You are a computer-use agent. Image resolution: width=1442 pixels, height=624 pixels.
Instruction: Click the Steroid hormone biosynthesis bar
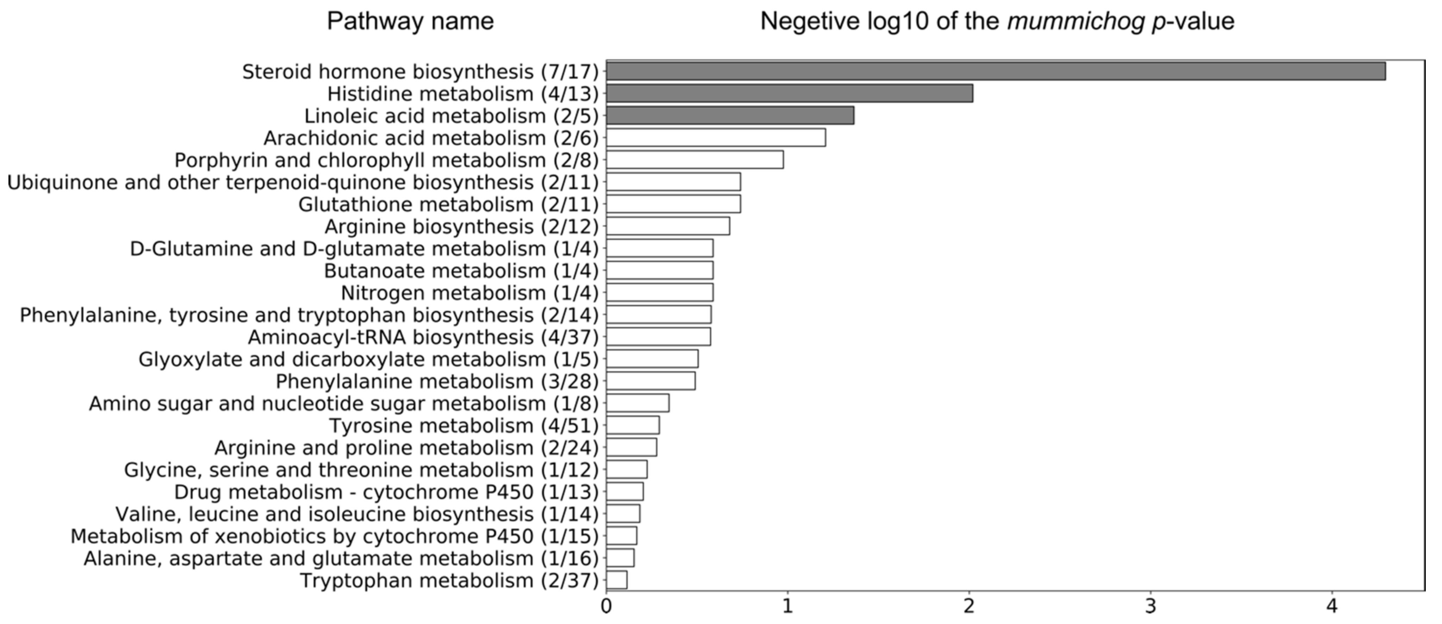coord(995,71)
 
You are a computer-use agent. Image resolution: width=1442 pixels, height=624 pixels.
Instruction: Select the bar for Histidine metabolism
coord(789,94)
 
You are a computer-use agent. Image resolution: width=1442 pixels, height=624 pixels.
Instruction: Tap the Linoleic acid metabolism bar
coord(730,116)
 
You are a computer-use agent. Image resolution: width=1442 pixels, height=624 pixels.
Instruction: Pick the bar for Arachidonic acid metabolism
coord(715,138)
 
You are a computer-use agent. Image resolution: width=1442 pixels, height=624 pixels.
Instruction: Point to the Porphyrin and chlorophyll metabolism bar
coord(695,160)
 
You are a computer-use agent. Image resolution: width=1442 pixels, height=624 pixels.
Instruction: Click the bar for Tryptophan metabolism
coord(617,580)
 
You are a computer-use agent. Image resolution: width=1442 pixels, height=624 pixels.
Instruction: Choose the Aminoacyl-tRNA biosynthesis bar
coord(658,337)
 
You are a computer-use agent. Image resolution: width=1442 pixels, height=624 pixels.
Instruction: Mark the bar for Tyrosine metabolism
coord(633,425)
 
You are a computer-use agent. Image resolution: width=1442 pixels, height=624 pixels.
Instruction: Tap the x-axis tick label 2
coord(969,607)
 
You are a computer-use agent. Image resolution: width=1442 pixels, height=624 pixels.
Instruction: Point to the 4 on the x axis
coord(1332,607)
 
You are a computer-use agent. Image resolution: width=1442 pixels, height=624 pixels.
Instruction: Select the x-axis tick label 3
coord(1151,607)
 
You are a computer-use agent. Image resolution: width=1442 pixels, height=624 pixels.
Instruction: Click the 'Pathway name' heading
coord(410,21)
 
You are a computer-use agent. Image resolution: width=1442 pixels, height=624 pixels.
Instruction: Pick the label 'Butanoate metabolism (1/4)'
coord(461,270)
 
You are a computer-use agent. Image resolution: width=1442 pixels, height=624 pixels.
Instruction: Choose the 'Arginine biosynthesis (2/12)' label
coord(461,226)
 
